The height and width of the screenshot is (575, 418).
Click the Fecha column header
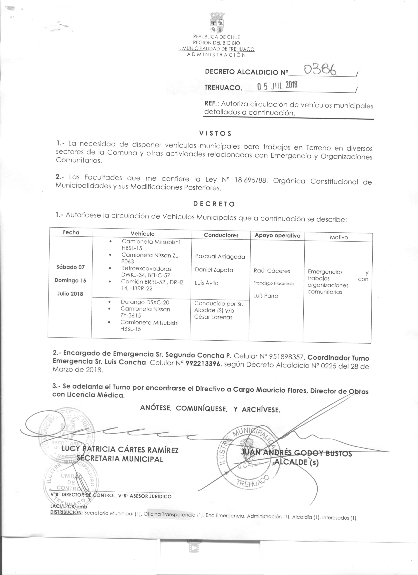(x=71, y=232)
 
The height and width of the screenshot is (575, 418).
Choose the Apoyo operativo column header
(x=278, y=236)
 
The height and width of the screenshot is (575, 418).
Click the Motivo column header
(x=339, y=237)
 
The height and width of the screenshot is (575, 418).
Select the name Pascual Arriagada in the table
(x=220, y=257)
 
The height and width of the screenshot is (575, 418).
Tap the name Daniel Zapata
(x=214, y=270)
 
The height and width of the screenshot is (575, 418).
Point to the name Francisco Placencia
(x=274, y=283)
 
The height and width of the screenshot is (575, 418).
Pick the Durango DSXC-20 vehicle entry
(x=145, y=302)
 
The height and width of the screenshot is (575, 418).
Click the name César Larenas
(x=213, y=317)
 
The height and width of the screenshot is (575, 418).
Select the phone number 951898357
(x=286, y=357)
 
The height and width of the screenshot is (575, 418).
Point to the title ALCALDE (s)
(x=297, y=462)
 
